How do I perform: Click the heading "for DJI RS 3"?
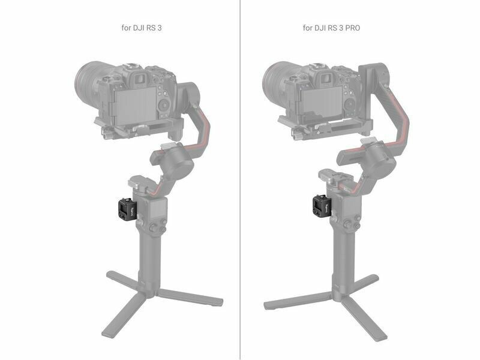click(x=142, y=28)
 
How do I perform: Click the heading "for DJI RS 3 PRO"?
click(x=331, y=28)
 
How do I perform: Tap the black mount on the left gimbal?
click(x=126, y=209)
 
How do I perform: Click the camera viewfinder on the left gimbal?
click(x=140, y=79)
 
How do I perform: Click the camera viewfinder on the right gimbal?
click(x=327, y=78)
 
